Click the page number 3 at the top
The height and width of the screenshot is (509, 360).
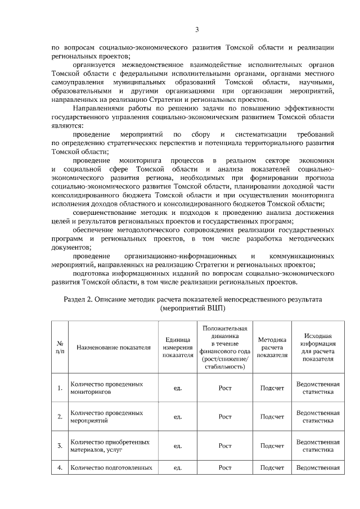point(196,30)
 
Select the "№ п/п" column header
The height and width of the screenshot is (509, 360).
point(60,347)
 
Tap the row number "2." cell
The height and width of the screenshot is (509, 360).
point(60,417)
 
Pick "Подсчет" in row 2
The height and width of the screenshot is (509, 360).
point(272,417)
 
